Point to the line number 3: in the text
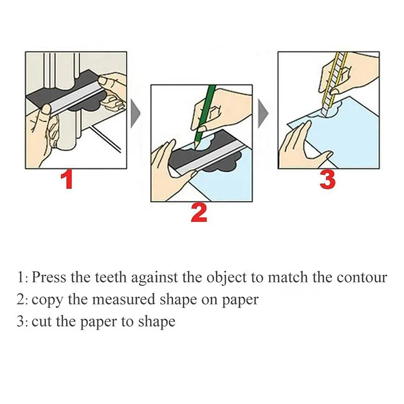[22, 321]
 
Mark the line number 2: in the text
[22, 299]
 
